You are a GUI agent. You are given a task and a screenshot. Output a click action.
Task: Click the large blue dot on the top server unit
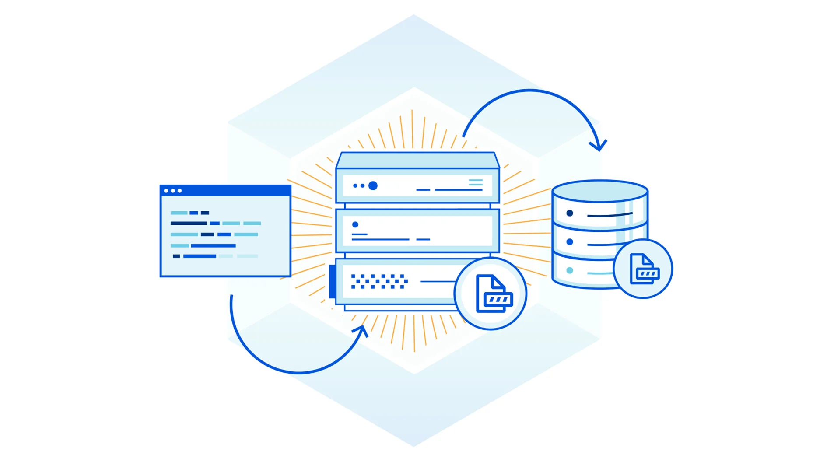click(x=373, y=186)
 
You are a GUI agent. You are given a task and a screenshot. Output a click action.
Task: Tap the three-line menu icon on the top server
click(x=476, y=182)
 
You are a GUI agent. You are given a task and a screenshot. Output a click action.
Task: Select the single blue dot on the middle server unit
click(x=355, y=224)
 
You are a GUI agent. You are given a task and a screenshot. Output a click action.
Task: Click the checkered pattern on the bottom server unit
click(x=379, y=282)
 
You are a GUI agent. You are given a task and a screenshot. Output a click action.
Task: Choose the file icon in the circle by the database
click(x=644, y=269)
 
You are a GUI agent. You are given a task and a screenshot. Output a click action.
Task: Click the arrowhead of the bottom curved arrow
click(x=363, y=330)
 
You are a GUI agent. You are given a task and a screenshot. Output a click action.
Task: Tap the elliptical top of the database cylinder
click(x=600, y=191)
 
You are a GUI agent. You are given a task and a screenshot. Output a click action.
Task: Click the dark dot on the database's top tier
click(x=570, y=213)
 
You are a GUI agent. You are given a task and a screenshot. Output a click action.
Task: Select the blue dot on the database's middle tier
click(x=570, y=242)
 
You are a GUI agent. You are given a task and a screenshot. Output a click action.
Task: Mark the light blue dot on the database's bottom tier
click(x=570, y=270)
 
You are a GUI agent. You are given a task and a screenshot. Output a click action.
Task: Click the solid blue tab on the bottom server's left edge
click(x=333, y=281)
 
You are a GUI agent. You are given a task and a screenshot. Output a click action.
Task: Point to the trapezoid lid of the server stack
click(x=417, y=160)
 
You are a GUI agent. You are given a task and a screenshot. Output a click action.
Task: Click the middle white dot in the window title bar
click(x=173, y=191)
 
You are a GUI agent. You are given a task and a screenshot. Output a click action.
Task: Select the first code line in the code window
click(x=190, y=213)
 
